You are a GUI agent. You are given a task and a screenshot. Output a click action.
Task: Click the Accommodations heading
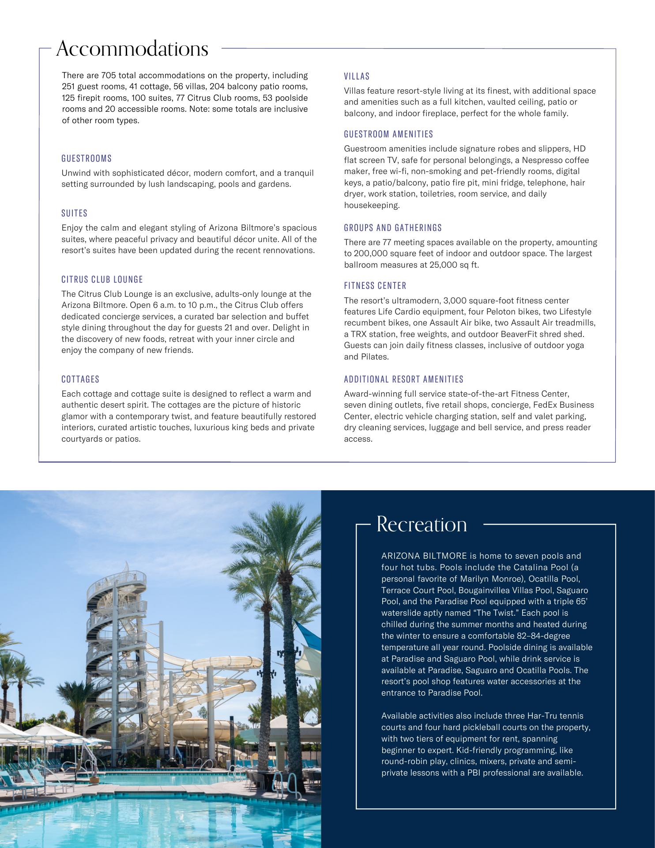tap(132, 49)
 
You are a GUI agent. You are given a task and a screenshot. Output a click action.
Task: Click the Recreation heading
tap(422, 524)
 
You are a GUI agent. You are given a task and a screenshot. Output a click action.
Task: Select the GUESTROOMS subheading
tap(87, 159)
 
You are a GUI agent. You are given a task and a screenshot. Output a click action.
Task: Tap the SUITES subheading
tap(75, 213)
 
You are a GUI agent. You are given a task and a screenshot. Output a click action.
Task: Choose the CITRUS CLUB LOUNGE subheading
tap(102, 280)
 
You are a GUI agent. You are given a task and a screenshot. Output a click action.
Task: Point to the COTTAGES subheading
tap(80, 379)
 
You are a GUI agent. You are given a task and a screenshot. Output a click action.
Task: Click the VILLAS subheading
tap(357, 76)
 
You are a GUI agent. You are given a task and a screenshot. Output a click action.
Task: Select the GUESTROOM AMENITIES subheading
tap(388, 134)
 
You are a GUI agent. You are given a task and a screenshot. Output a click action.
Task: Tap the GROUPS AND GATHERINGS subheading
tap(393, 228)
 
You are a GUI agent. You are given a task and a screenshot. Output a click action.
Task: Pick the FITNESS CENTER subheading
tap(375, 286)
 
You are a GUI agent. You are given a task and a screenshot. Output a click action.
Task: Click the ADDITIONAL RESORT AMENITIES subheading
tap(403, 379)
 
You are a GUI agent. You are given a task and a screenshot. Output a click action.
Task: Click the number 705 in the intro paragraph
tap(108, 76)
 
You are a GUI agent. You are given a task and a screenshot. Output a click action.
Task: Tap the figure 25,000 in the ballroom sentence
tap(443, 265)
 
